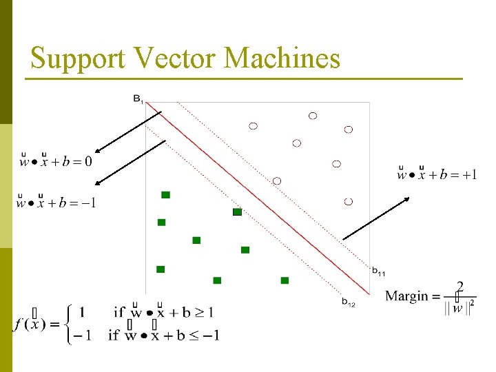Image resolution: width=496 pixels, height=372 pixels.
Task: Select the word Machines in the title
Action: click(x=282, y=58)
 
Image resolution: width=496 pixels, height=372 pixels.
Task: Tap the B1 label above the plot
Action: click(x=138, y=99)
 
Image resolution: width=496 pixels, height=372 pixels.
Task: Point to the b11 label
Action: click(x=379, y=271)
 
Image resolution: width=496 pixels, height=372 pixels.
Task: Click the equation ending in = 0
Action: click(x=55, y=162)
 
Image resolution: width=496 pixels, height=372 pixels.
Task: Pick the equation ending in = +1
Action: click(x=437, y=174)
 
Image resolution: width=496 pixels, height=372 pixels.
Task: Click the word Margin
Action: click(x=406, y=296)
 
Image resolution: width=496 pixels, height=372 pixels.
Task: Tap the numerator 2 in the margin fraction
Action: click(x=459, y=286)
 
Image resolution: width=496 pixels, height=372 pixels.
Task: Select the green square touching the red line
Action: click(x=237, y=211)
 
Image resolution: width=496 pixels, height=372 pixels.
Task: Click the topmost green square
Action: click(x=166, y=195)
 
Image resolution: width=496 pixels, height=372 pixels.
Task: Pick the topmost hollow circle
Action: click(x=313, y=116)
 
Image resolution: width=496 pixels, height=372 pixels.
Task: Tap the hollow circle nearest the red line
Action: click(x=277, y=180)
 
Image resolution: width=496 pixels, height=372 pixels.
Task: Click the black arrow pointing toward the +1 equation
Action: click(x=375, y=218)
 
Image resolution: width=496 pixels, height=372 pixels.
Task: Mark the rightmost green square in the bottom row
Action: click(x=285, y=280)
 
